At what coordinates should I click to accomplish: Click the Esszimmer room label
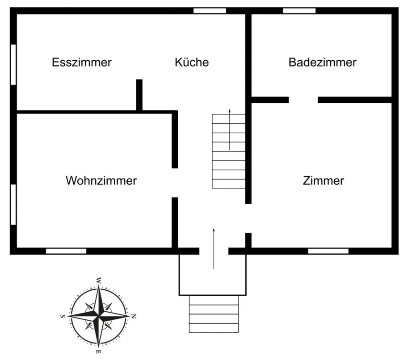tap(82, 62)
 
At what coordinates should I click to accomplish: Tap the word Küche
tap(192, 62)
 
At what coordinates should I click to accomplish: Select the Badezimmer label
tap(322, 62)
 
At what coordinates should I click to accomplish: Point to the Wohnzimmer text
tap(101, 181)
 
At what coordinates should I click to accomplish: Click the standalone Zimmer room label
tap(323, 181)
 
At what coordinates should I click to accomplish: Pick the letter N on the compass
tap(133, 316)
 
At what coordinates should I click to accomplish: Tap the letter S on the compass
tap(62, 316)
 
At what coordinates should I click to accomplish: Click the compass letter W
tap(97, 280)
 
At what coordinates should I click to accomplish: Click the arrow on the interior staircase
tap(230, 130)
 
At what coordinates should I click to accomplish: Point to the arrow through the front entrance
tap(214, 248)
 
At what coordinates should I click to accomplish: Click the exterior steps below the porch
tap(214, 314)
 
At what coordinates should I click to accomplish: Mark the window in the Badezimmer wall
tap(299, 11)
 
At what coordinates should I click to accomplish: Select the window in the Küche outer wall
tap(210, 11)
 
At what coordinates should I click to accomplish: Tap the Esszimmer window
tap(13, 64)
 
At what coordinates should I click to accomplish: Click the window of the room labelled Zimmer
tap(328, 251)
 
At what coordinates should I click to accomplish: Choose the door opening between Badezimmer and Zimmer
tap(303, 100)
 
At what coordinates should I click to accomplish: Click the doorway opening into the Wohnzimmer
tap(175, 183)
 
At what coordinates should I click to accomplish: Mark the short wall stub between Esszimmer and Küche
tap(139, 95)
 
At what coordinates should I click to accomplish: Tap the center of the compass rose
tap(98, 316)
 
